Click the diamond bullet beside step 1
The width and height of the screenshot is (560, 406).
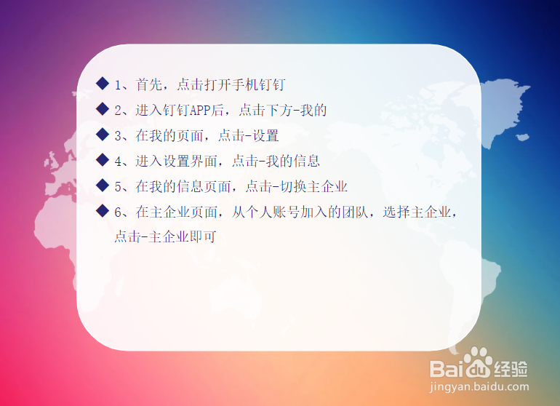tap(103, 84)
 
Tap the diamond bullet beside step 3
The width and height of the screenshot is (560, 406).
tap(103, 135)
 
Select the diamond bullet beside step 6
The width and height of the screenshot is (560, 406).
tap(103, 211)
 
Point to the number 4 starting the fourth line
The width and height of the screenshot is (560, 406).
tap(119, 162)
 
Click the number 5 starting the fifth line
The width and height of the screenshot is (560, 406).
tap(119, 187)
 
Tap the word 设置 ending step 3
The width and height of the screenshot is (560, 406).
tap(265, 135)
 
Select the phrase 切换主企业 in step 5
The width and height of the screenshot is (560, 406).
tap(313, 186)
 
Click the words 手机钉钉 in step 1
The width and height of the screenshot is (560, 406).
tap(259, 84)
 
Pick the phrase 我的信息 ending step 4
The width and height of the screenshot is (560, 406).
tap(292, 162)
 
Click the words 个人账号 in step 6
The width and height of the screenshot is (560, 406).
tap(273, 212)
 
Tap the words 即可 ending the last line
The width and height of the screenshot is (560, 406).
tap(202, 236)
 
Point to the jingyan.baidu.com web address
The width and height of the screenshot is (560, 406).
tap(479, 386)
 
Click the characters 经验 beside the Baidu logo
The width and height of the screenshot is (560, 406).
tap(511, 369)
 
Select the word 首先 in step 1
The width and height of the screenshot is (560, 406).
tap(149, 84)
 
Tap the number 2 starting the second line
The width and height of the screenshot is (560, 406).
tap(119, 111)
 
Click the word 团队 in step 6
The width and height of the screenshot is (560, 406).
tap(355, 212)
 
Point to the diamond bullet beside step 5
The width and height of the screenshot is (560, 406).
tap(103, 185)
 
